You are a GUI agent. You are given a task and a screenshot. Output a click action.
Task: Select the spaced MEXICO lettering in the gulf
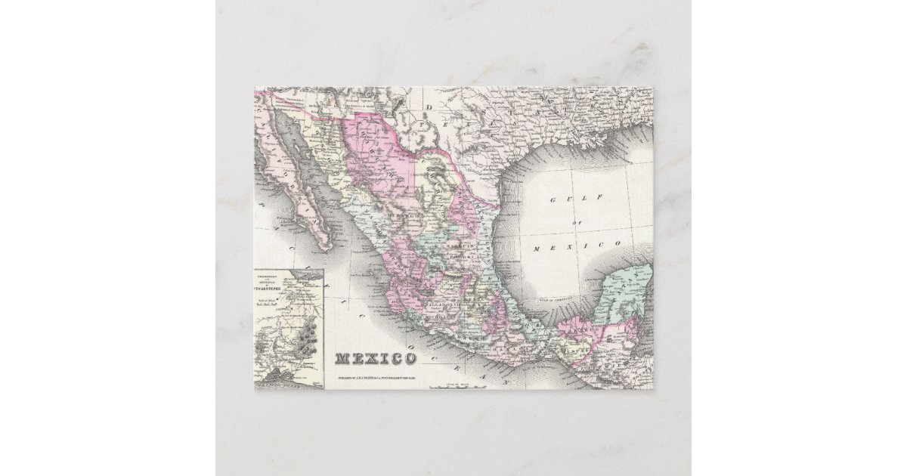[x=577, y=246]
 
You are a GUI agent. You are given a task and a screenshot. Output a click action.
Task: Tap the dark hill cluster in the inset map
[x=306, y=339]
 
